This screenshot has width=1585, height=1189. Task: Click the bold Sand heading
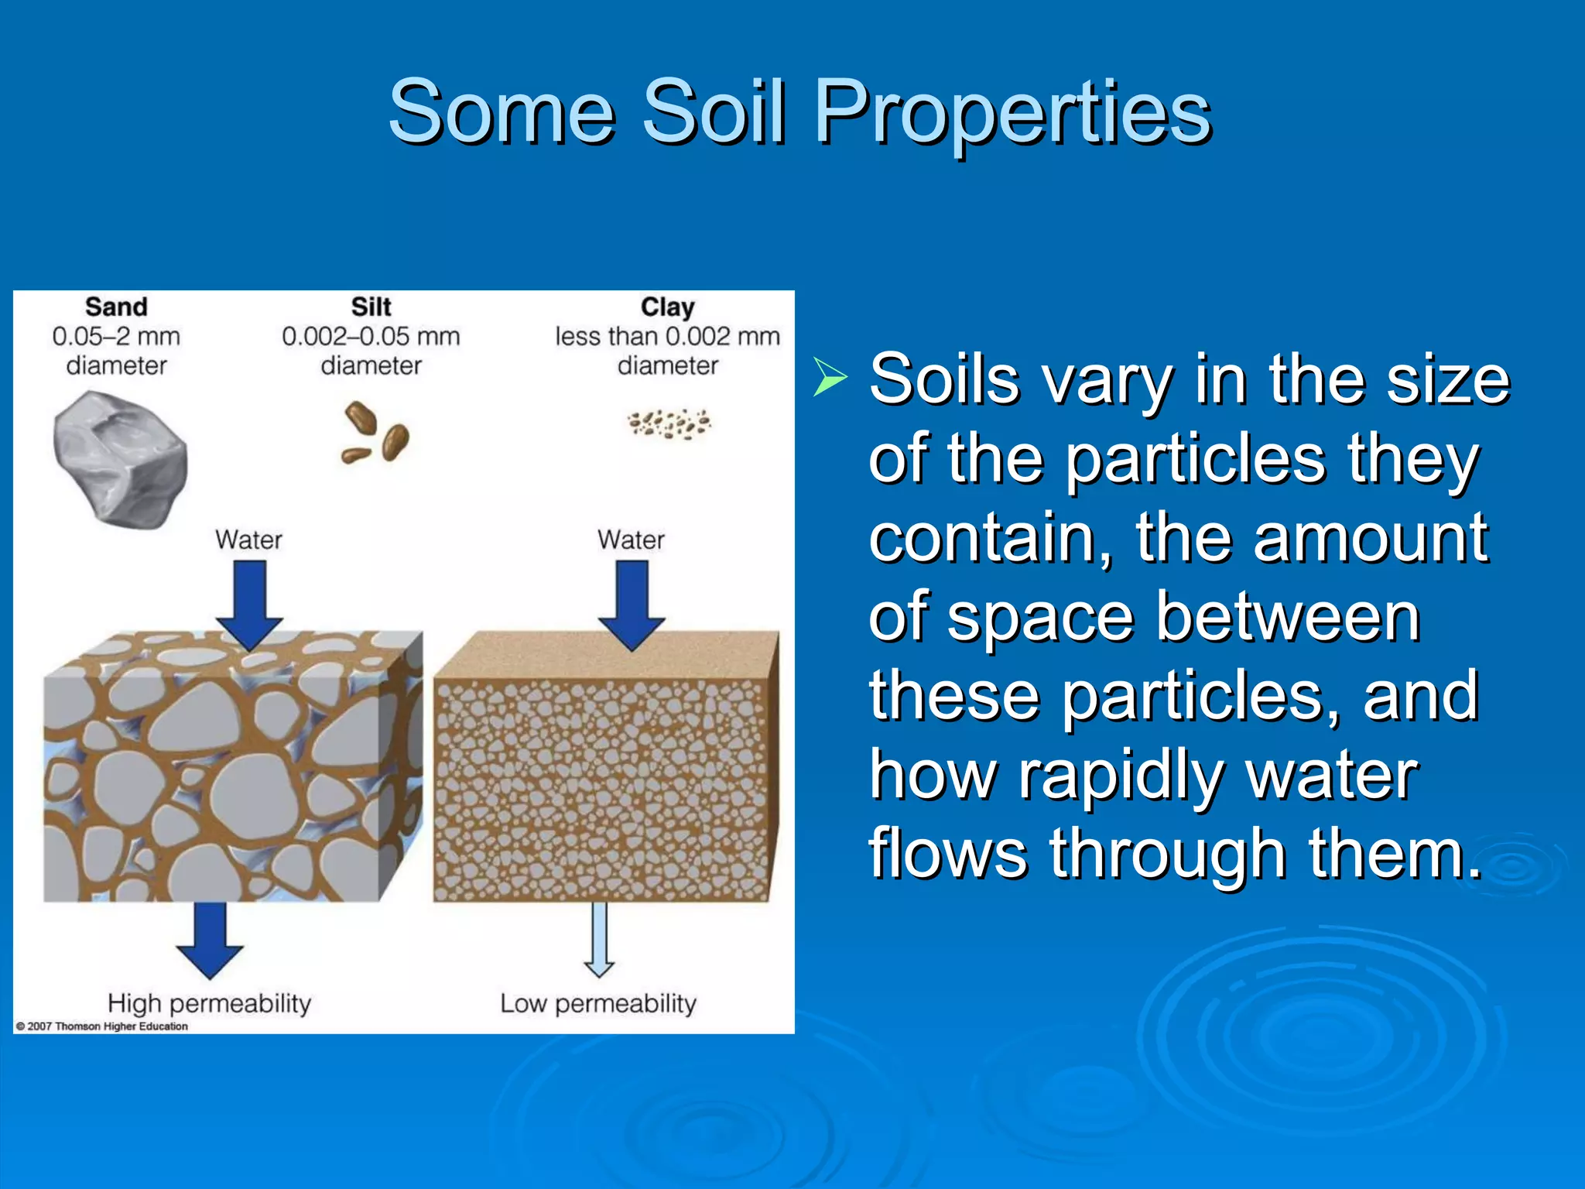point(116,307)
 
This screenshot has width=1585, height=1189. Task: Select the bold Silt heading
point(371,307)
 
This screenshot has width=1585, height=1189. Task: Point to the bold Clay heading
point(667,307)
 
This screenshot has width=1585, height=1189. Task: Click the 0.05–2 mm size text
point(116,337)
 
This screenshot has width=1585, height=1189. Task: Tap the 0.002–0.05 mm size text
point(371,337)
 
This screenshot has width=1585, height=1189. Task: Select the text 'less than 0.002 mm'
point(667,337)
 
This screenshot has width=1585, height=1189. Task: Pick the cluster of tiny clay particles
point(669,423)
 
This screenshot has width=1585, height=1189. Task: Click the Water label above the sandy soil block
point(248,540)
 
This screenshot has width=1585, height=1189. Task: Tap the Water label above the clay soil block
point(631,540)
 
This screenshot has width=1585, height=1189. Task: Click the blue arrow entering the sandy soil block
point(249,604)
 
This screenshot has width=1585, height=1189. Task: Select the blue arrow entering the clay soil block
point(632,604)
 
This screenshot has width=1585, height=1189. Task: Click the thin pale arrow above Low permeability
point(599,939)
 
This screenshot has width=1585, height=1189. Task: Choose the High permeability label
point(209,1003)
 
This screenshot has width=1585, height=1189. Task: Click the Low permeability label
point(598,1003)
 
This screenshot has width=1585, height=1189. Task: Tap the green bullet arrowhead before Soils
point(830,379)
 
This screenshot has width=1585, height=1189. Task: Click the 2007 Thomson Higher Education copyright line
point(102,1026)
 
